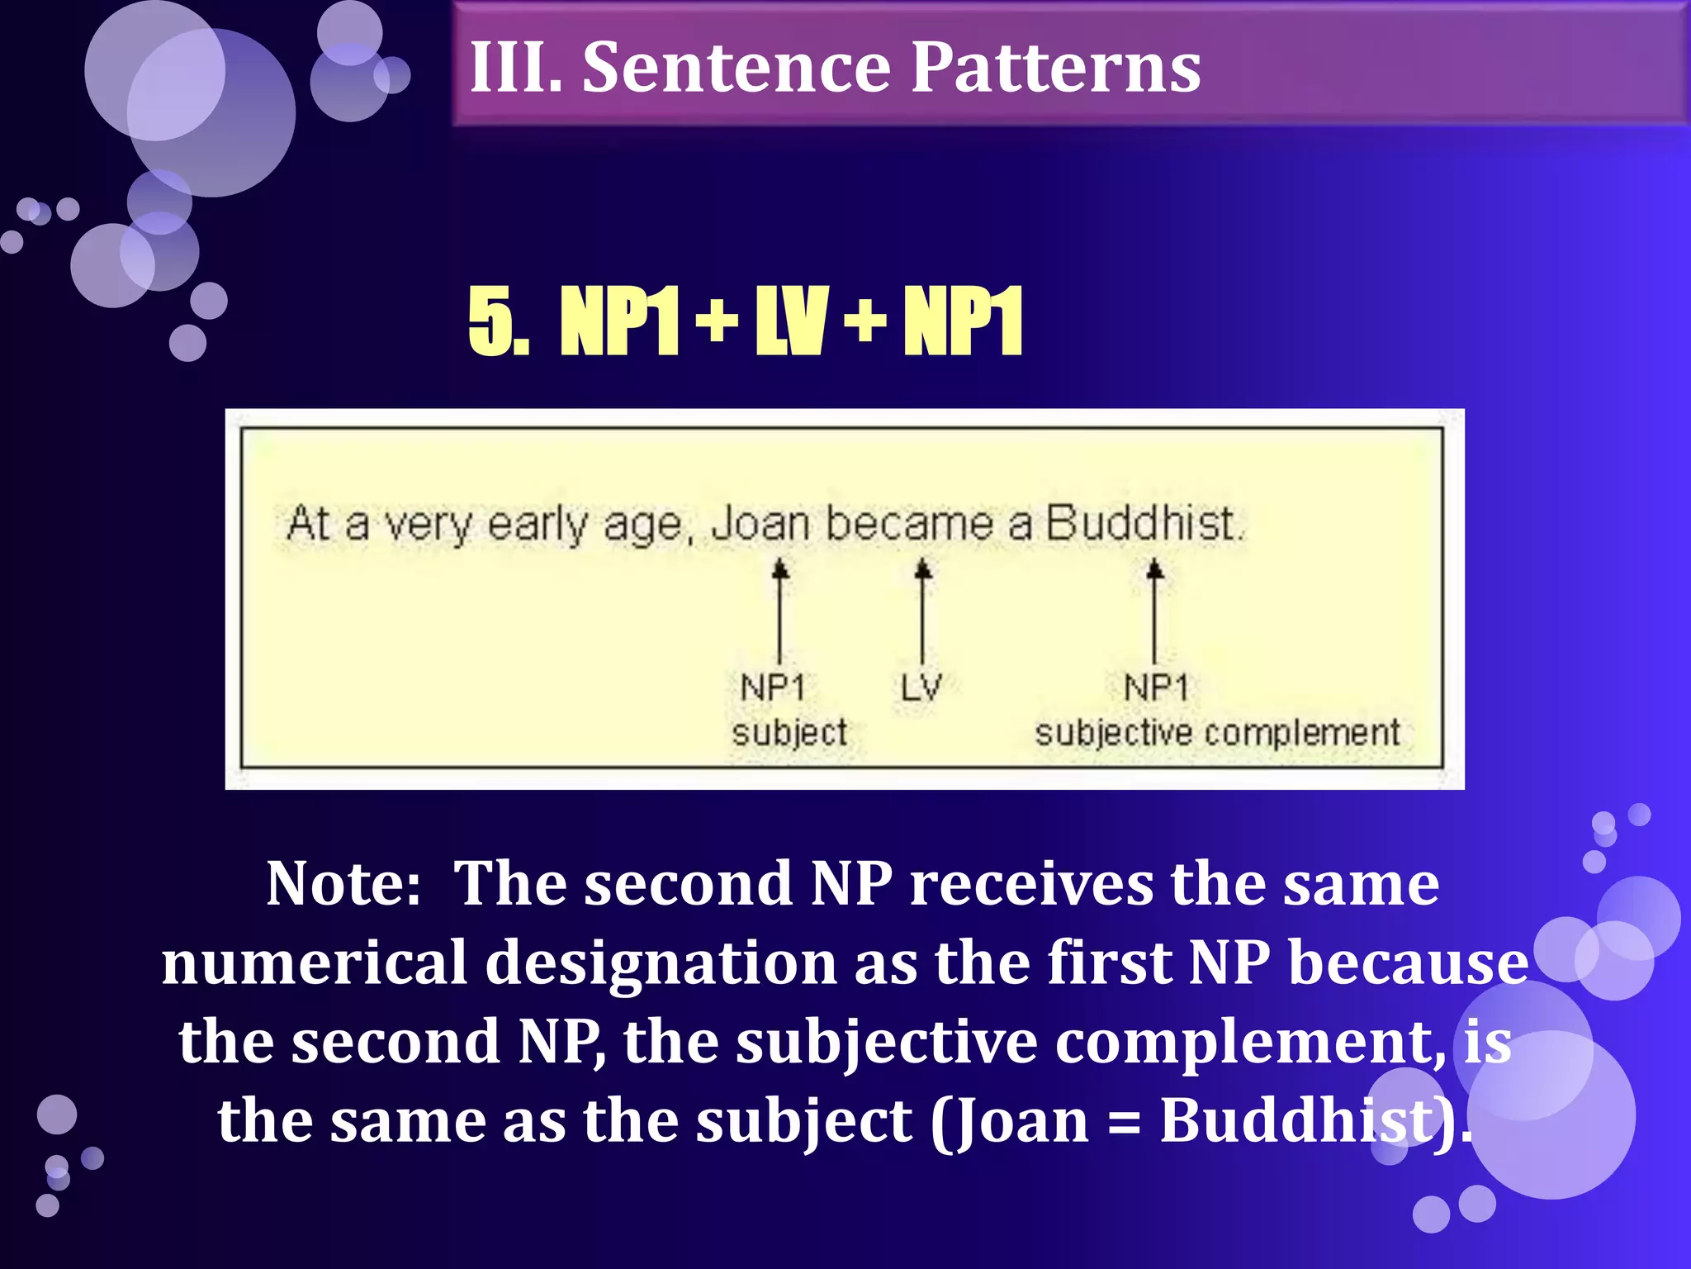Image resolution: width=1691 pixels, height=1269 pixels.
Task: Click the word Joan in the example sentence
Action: tap(760, 524)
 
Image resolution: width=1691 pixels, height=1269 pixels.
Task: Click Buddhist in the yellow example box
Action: tap(1143, 524)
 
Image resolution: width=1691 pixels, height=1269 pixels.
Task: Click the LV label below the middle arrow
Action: tap(921, 687)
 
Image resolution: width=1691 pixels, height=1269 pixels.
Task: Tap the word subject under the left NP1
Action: tap(789, 733)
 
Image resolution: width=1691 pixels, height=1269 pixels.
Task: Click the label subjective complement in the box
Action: tap(1217, 733)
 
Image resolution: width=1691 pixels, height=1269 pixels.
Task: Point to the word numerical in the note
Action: tap(315, 963)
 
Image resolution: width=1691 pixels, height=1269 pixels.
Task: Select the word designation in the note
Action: tap(661, 963)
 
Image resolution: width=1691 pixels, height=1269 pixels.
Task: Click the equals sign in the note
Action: tap(1124, 1122)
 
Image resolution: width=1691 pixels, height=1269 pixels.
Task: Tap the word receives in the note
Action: tap(1031, 884)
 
